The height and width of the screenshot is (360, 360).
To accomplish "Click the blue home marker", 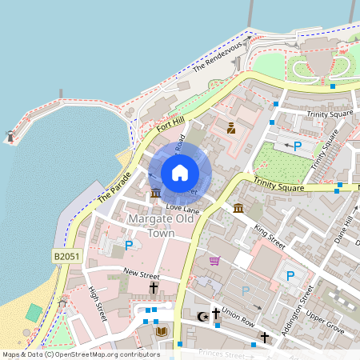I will [179, 172].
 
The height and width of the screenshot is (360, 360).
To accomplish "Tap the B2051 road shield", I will [66, 256].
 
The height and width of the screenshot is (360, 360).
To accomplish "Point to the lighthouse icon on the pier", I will [10, 137].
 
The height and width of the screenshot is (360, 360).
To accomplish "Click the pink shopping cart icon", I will [214, 261].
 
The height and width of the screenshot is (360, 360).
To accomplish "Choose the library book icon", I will [162, 331].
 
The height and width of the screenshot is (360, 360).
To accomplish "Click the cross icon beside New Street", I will [153, 287].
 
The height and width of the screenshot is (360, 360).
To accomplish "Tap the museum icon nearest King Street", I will [238, 210].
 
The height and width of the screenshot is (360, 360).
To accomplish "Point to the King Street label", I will [269, 237].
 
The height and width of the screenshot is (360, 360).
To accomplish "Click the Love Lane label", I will [181, 208].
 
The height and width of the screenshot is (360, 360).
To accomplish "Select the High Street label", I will [98, 304].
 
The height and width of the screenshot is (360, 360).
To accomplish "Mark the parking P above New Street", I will [128, 246].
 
